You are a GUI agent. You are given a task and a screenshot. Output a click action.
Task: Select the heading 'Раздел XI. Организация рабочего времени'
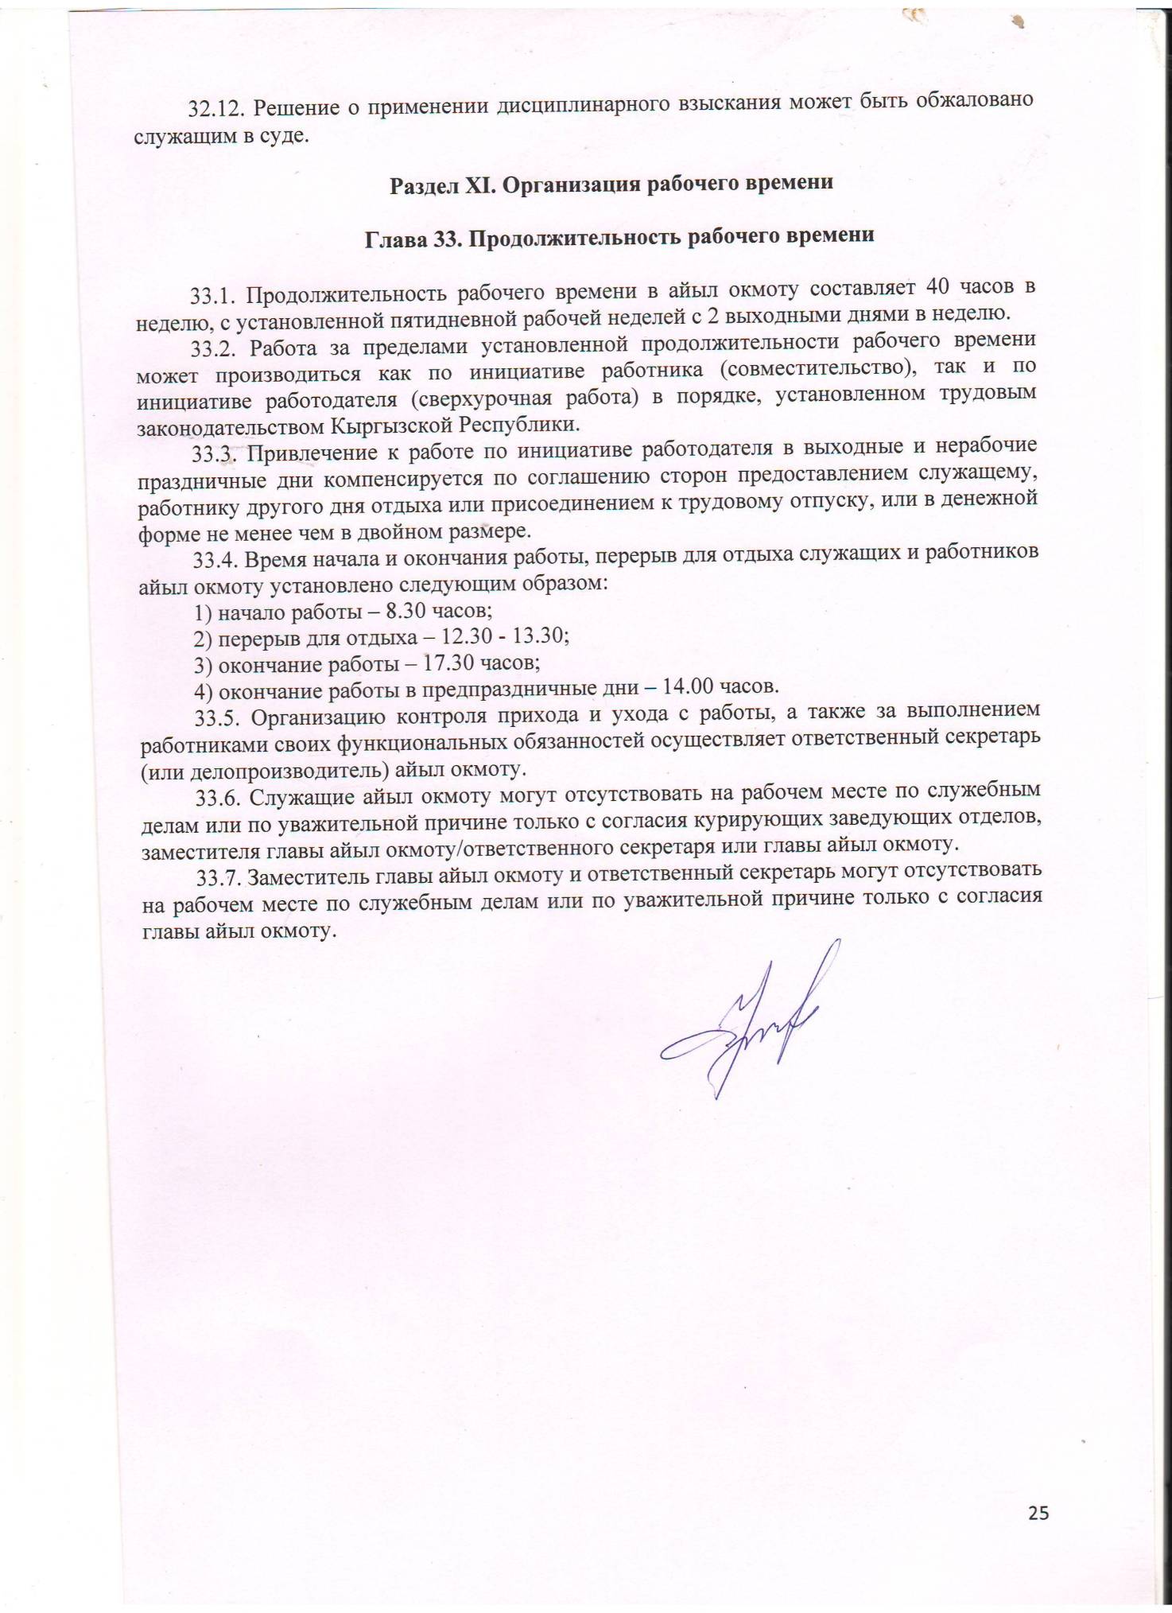point(611,183)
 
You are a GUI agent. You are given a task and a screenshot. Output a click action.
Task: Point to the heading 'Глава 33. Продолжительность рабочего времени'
point(619,237)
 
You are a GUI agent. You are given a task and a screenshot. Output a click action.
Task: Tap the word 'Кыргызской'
point(393,425)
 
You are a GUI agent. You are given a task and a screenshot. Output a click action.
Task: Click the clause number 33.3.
point(215,454)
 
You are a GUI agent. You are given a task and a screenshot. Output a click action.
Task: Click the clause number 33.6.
point(219,795)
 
